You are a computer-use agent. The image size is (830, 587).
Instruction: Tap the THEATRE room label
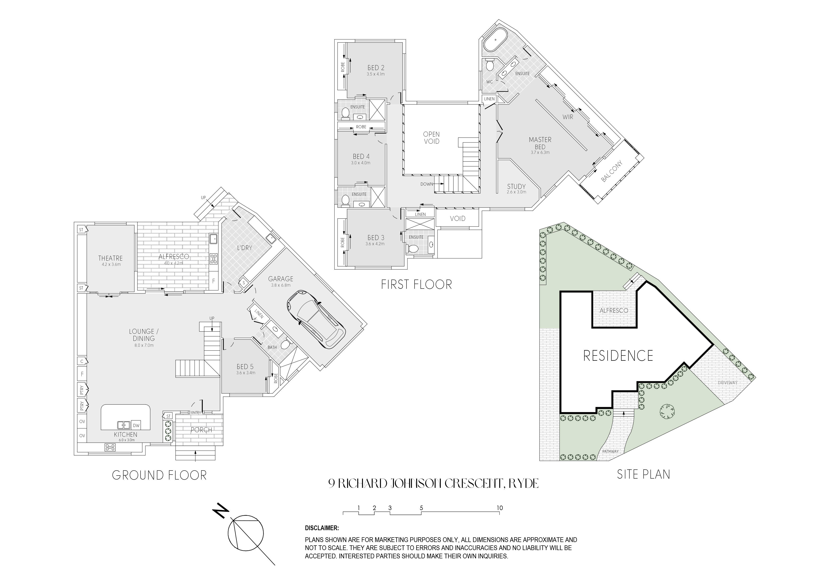[111, 258]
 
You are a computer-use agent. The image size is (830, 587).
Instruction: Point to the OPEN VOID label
[431, 138]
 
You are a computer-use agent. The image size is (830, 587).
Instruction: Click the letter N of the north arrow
[221, 510]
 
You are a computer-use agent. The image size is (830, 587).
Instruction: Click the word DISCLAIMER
[322, 528]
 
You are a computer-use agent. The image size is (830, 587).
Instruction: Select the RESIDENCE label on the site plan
[618, 356]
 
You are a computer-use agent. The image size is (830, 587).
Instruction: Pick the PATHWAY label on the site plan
[610, 451]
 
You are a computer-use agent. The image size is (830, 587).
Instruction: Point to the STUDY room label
[516, 187]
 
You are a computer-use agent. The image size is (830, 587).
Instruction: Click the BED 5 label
[245, 367]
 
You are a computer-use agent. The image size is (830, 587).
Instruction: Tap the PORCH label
[201, 430]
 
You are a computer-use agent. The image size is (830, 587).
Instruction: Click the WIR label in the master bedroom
[568, 117]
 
